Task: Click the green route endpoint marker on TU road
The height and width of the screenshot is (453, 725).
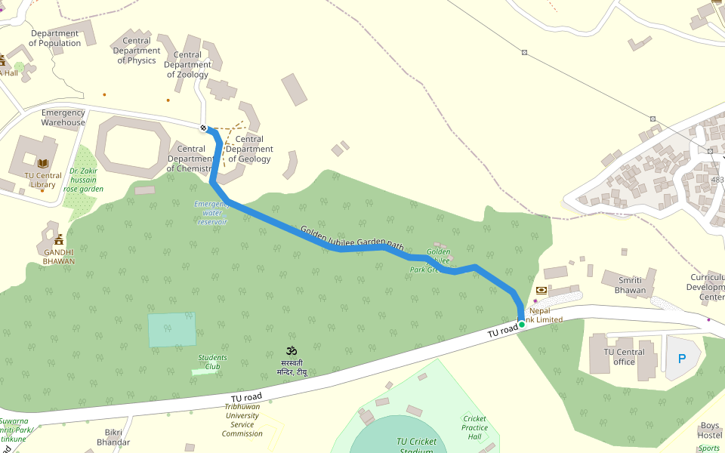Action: (521, 325)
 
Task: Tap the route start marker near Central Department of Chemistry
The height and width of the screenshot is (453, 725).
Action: (203, 128)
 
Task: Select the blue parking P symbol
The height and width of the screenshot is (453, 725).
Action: (682, 359)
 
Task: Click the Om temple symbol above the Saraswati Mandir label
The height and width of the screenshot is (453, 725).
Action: (292, 351)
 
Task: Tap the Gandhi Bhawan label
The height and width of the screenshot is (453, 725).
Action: (58, 257)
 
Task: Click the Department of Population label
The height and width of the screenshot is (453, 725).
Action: (54, 39)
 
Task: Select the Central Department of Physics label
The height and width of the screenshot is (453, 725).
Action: (137, 51)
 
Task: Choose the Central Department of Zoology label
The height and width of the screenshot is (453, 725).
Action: (187, 65)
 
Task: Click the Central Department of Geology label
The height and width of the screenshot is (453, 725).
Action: (249, 149)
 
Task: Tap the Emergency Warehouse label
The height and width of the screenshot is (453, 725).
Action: (63, 118)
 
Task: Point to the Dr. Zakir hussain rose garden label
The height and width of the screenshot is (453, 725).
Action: (83, 180)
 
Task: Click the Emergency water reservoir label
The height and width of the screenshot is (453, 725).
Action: (211, 213)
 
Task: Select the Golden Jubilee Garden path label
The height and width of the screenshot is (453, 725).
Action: (353, 238)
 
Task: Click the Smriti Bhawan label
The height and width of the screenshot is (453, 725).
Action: (630, 285)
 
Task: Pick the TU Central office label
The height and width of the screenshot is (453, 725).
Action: (624, 356)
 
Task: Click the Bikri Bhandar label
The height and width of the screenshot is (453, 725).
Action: (113, 437)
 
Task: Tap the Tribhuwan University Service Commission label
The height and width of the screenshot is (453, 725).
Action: (242, 420)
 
